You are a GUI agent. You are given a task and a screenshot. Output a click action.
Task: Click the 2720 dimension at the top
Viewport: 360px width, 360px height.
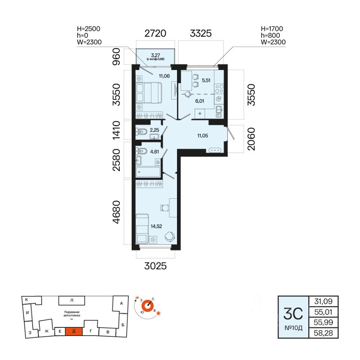(x=155, y=33)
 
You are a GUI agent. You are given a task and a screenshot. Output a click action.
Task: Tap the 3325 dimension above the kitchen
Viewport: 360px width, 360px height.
(x=201, y=33)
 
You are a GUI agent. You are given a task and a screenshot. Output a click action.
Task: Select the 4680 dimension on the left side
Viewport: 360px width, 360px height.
(x=117, y=213)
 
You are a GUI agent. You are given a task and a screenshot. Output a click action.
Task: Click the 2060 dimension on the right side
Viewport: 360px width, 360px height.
(x=251, y=139)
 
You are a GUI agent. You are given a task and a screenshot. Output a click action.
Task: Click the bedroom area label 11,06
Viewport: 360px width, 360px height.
(x=164, y=76)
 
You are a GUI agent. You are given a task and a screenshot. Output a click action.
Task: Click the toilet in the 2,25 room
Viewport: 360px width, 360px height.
(x=141, y=132)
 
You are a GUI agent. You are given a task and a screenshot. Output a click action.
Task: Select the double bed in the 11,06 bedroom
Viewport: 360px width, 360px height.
(x=148, y=93)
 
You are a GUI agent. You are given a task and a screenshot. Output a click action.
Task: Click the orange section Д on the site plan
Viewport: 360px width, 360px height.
(x=74, y=331)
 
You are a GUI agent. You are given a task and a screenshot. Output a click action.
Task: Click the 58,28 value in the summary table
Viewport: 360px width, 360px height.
(x=323, y=333)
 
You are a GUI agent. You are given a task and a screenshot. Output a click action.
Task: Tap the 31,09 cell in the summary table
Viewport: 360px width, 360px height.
(x=323, y=301)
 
